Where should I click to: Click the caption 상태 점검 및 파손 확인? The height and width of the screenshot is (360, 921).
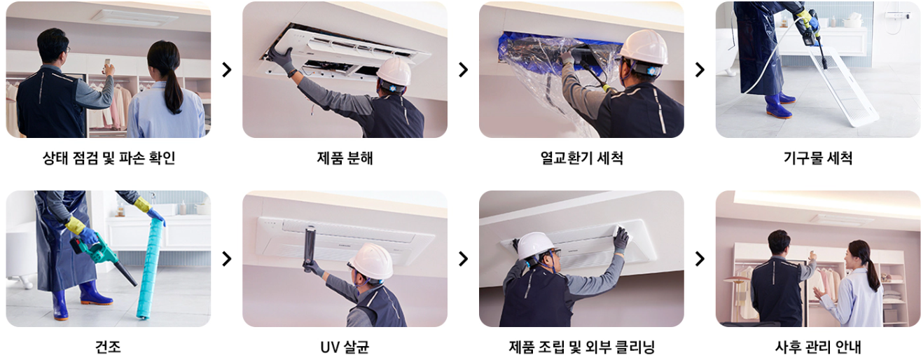tap(109, 158)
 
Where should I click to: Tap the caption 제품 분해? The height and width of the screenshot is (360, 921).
tap(345, 158)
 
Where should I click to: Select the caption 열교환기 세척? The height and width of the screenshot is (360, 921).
tap(581, 158)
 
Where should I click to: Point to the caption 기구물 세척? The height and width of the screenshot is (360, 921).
tap(817, 158)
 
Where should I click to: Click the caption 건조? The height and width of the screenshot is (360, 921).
tap(108, 347)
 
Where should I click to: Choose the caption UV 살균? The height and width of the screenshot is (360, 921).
tap(345, 347)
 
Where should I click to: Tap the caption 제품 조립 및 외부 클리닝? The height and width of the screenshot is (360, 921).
tap(581, 347)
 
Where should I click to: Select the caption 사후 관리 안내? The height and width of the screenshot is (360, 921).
tap(817, 347)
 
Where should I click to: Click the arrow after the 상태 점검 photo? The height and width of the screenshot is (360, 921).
tap(226, 69)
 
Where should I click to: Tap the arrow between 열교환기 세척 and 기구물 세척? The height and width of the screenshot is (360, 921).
tap(700, 69)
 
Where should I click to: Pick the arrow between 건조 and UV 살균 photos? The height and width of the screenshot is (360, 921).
tap(226, 258)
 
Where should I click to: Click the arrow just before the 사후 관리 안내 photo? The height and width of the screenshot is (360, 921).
tap(700, 258)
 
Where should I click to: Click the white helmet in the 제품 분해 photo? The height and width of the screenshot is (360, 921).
tap(394, 71)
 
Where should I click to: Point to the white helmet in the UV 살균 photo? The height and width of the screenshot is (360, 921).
tap(371, 261)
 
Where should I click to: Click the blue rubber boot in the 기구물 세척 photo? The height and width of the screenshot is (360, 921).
tap(777, 106)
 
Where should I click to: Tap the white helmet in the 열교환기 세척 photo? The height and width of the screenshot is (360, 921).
tap(644, 48)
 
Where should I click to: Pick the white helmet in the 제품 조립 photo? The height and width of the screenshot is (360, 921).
tap(536, 246)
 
